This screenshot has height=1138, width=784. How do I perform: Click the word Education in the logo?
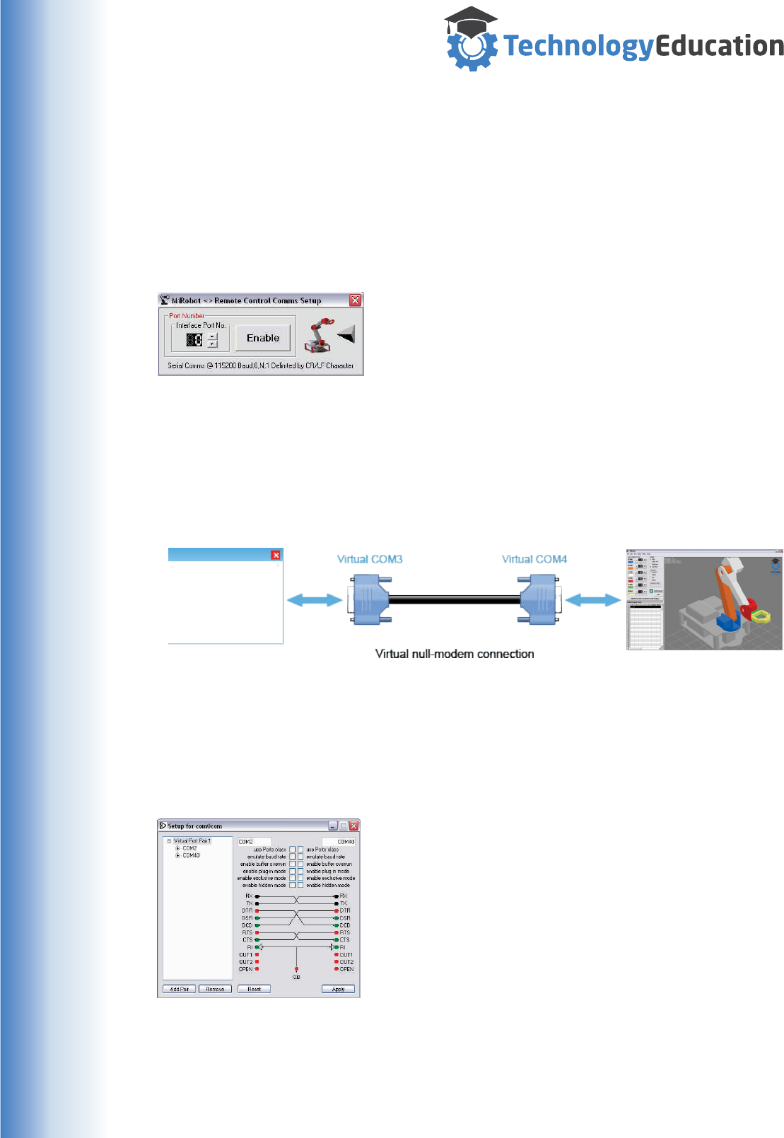pyautogui.click(x=719, y=46)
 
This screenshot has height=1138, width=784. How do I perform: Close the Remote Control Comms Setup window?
pyautogui.click(x=355, y=300)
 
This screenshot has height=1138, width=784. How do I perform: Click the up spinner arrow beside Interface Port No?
pyautogui.click(x=212, y=336)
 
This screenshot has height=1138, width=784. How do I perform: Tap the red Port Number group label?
pyautogui.click(x=187, y=316)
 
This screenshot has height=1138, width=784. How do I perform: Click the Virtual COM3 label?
pyautogui.click(x=370, y=559)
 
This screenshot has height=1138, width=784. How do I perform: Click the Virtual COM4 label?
pyautogui.click(x=534, y=559)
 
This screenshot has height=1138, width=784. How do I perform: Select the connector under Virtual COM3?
pyautogui.click(x=370, y=599)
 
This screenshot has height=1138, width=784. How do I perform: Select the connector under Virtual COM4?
pyautogui.click(x=539, y=599)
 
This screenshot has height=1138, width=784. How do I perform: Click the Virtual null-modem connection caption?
pyautogui.click(x=455, y=654)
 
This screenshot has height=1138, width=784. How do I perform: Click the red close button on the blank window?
pyautogui.click(x=276, y=556)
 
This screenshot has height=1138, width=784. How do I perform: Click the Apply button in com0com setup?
pyautogui.click(x=338, y=989)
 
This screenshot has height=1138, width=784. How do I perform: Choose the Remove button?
pyautogui.click(x=215, y=989)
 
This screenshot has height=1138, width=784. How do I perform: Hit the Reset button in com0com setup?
pyautogui.click(x=254, y=989)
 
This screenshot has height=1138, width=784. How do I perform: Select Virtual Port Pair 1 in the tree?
pyautogui.click(x=192, y=841)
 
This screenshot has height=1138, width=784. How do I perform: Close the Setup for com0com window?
pyautogui.click(x=354, y=826)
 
